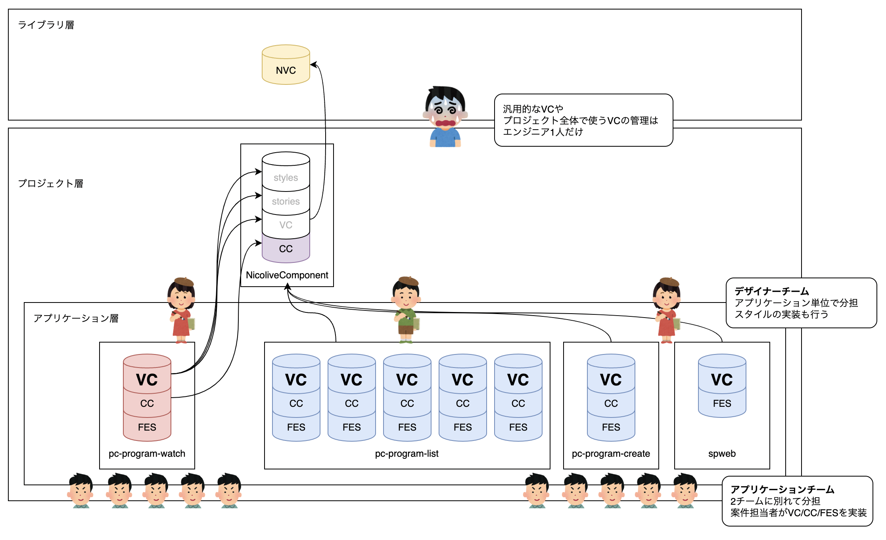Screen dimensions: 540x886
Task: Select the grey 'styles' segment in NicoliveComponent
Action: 286,178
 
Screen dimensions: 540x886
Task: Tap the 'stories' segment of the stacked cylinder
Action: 286,201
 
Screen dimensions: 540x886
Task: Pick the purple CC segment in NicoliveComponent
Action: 286,249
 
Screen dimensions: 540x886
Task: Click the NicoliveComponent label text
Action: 287,275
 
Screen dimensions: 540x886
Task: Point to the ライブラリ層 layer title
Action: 46,25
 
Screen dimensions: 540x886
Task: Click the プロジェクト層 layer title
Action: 50,184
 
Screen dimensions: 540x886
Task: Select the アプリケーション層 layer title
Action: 76,318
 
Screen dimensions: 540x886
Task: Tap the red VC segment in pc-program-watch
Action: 147,379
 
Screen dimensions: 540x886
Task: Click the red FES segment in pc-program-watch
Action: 147,427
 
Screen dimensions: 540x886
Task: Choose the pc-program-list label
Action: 407,454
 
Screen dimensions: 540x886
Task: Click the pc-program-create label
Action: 611,454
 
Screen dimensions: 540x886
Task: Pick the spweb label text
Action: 722,454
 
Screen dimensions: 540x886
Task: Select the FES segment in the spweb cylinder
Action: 722,403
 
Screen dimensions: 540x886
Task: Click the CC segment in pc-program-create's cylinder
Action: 611,403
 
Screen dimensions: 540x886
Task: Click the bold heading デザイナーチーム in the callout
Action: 771,291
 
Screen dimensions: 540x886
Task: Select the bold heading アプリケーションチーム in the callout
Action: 782,490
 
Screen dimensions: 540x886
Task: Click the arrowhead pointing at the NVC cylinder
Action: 313,65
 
